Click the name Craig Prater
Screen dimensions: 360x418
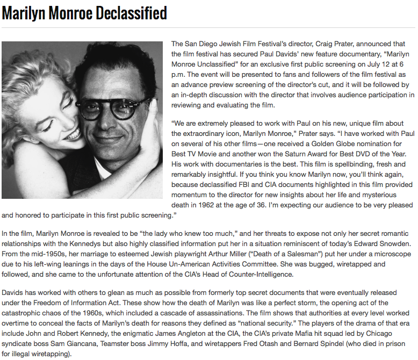click(325, 44)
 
